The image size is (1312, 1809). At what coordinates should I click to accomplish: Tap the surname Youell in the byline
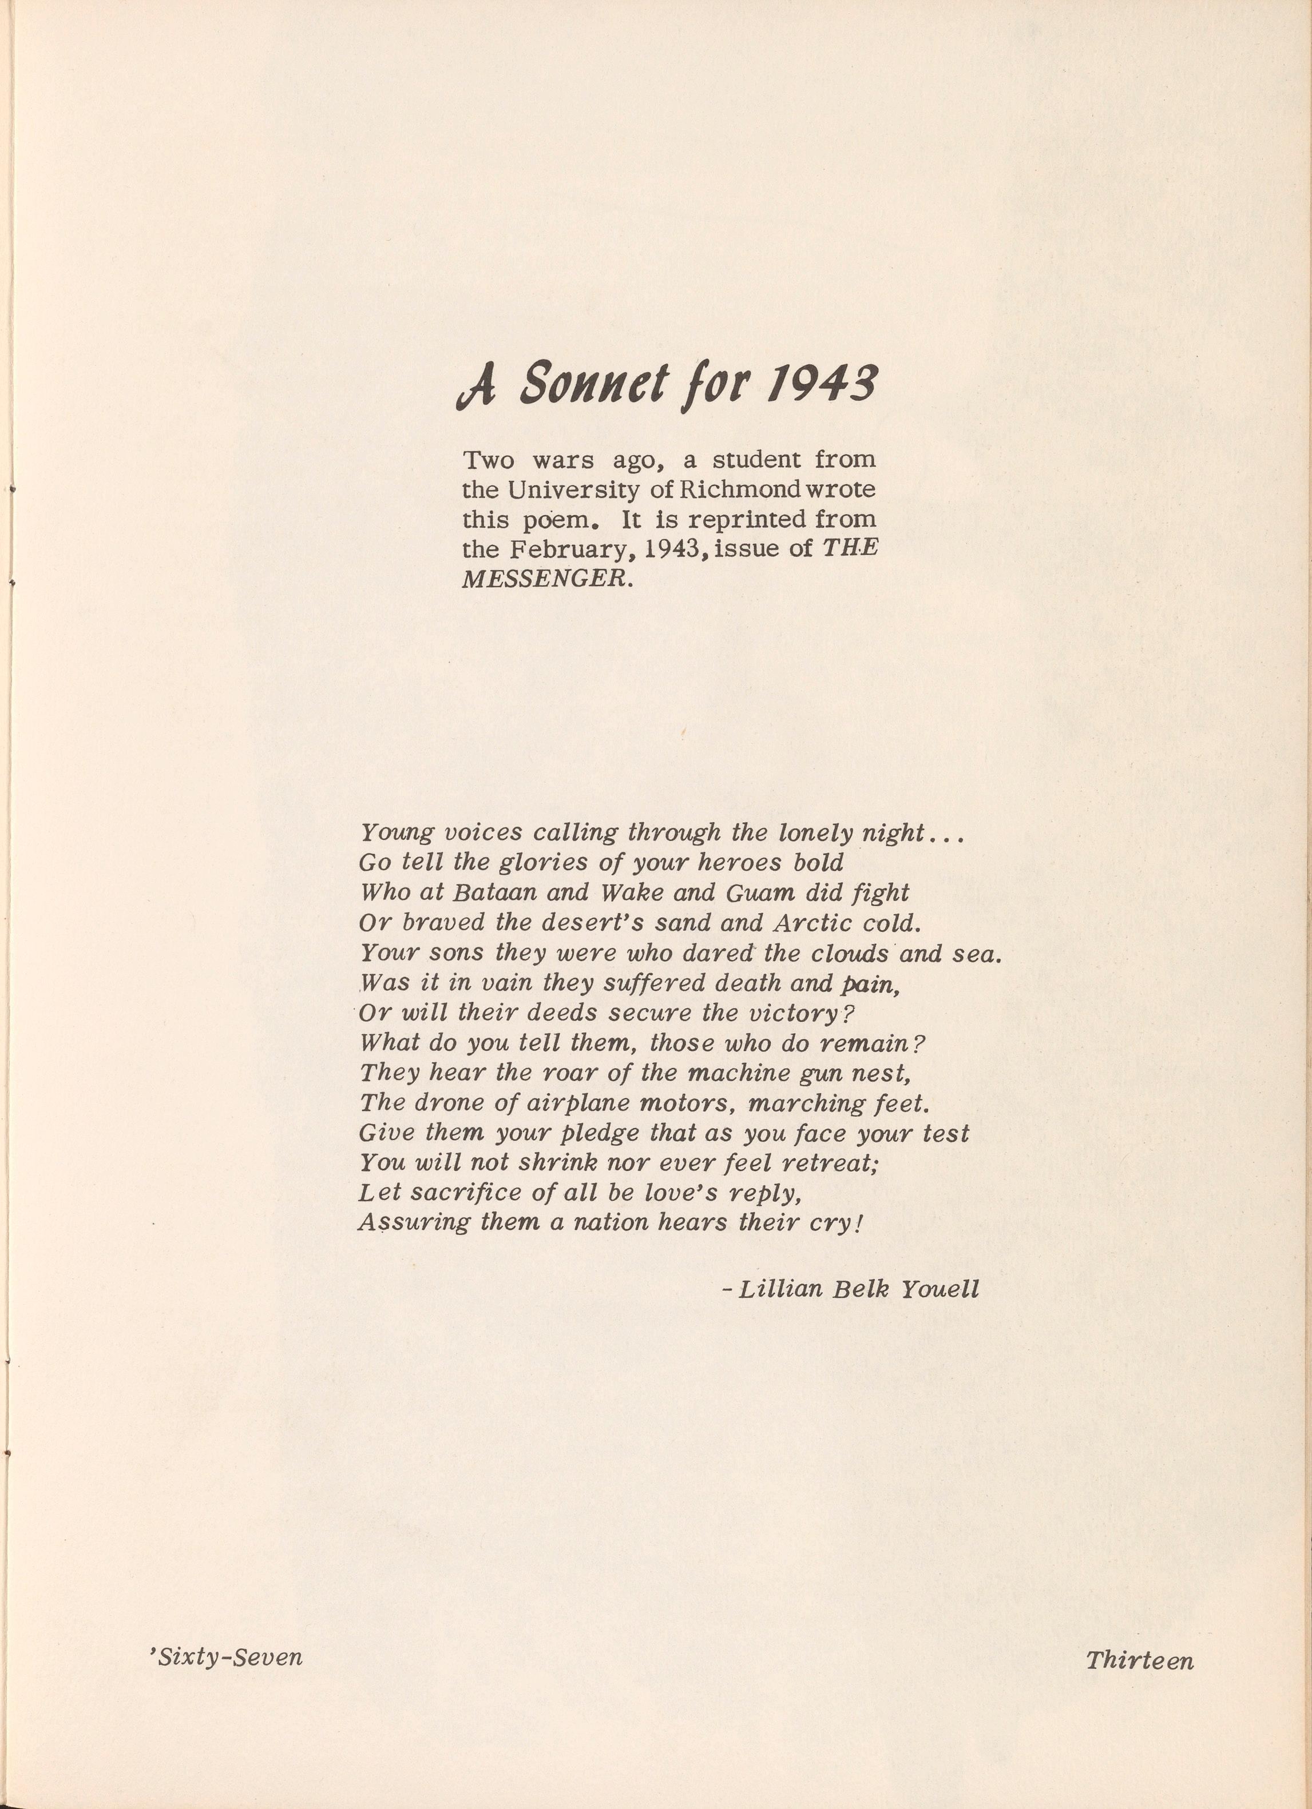coord(940,1290)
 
